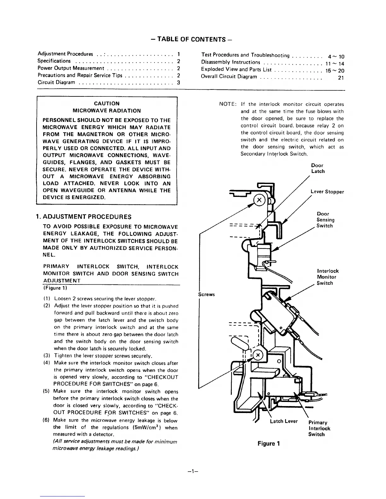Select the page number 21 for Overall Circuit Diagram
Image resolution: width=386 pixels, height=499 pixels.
[x=341, y=78]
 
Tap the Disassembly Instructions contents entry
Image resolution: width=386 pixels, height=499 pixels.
[x=231, y=62]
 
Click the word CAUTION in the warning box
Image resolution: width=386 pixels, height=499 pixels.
[x=107, y=103]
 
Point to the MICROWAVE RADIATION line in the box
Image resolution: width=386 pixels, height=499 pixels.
[x=107, y=111]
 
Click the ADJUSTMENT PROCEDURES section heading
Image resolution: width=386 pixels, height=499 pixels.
[x=84, y=217]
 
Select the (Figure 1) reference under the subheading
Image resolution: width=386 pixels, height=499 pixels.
[x=55, y=288]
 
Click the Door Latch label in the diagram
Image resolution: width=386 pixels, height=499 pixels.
[x=318, y=168]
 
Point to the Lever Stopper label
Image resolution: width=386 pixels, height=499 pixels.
[x=327, y=192]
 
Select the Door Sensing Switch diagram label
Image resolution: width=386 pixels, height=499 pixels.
[x=325, y=220]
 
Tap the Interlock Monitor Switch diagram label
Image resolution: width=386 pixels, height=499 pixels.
[x=328, y=277]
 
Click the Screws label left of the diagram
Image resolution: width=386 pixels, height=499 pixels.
[x=206, y=294]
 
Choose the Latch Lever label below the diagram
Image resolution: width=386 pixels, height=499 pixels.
[x=284, y=421]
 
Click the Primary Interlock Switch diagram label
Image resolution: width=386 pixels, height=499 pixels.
[x=319, y=428]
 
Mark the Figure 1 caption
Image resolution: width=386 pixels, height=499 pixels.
[x=269, y=444]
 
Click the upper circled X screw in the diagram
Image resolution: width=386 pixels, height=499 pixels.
[x=259, y=200]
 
